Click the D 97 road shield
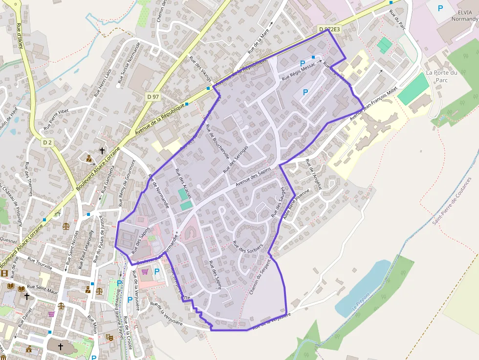pyautogui.click(x=153, y=97)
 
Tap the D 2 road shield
pyautogui.click(x=47, y=142)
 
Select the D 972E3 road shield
pyautogui.click(x=329, y=29)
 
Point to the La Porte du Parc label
pyautogui.click(x=441, y=76)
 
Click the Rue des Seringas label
pyautogui.click(x=236, y=159)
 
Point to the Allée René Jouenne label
pyautogui.click(x=296, y=204)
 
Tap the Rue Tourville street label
pyautogui.click(x=40, y=263)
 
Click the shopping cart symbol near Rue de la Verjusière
pyautogui.click(x=145, y=272)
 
